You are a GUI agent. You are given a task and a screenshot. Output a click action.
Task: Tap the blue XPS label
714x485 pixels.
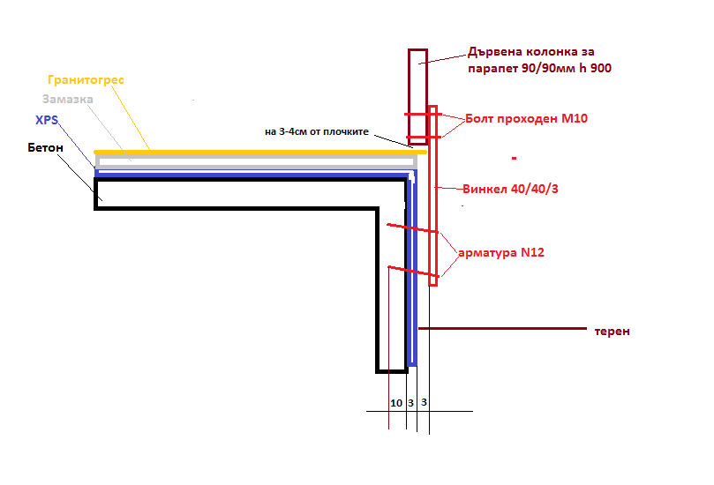47,120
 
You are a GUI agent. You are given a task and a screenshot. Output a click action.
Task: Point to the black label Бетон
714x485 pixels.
45,147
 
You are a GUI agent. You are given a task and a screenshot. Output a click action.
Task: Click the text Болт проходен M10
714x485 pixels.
525,118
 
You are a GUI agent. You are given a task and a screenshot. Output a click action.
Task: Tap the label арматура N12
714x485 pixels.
501,252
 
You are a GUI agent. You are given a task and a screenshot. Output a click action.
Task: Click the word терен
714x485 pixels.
613,332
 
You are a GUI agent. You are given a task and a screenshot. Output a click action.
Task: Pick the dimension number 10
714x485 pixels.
396,402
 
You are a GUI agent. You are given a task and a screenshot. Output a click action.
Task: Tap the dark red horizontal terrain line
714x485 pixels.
503,328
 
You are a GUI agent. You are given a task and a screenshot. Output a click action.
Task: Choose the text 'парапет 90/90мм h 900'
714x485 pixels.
537,68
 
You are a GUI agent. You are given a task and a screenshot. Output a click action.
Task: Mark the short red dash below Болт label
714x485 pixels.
514,159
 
